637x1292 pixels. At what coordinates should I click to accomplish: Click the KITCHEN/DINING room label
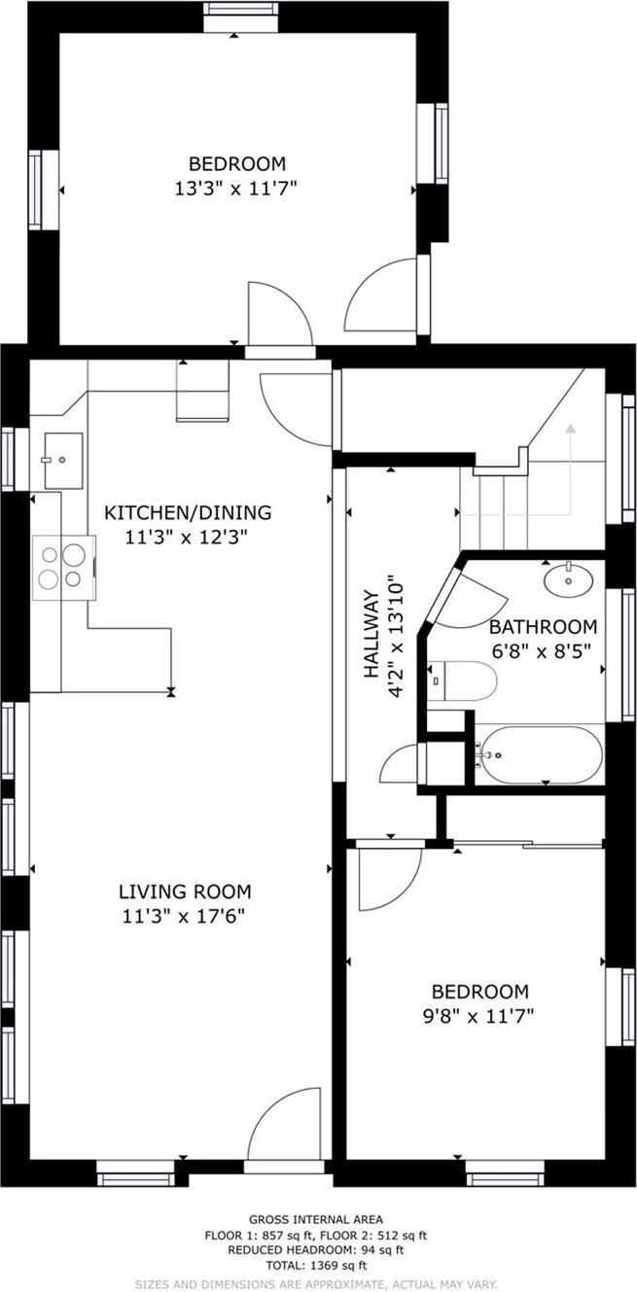point(188,512)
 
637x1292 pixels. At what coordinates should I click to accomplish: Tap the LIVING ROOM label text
point(185,890)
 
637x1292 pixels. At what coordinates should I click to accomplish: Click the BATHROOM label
point(542,626)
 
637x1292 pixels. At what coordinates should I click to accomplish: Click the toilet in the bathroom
point(463,680)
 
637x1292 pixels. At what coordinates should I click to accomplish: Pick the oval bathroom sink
point(569,581)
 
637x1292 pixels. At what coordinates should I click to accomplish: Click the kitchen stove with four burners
point(62,568)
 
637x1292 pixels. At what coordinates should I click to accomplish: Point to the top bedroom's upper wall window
point(240,10)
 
